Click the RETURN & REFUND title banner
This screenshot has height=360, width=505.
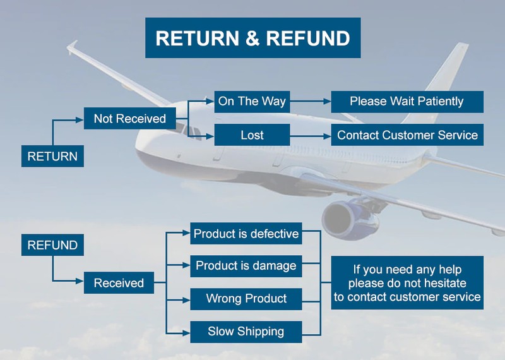click(252, 38)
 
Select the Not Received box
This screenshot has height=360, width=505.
click(130, 119)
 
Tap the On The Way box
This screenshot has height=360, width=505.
click(252, 101)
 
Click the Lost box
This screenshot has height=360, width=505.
click(252, 135)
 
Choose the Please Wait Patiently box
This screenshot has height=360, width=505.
click(407, 101)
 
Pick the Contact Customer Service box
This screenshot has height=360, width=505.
click(407, 135)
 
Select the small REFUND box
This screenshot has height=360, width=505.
click(53, 245)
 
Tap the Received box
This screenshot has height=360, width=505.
click(119, 283)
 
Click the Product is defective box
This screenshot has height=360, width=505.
click(246, 234)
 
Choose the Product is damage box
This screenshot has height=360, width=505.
click(246, 266)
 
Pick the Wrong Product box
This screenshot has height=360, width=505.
click(246, 299)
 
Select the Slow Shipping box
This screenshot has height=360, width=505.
click(246, 331)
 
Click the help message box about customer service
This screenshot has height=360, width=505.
click(407, 282)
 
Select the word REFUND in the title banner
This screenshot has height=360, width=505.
click(308, 38)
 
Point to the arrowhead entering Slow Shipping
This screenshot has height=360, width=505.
click(186, 331)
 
